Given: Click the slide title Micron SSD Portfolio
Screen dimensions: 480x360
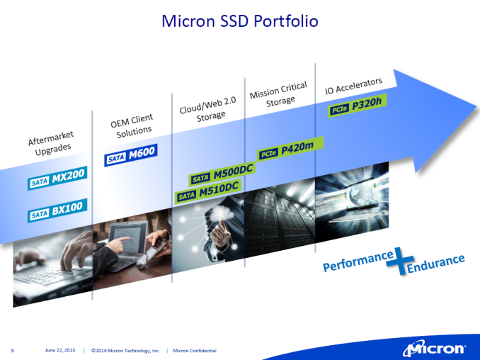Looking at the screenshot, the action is tap(240, 21).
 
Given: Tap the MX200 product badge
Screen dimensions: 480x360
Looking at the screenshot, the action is tap(57, 178).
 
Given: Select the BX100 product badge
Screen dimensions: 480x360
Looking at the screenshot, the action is tap(57, 210).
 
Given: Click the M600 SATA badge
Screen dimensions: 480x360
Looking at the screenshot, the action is tap(131, 155).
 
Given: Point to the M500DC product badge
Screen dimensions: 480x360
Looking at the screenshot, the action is tap(222, 174).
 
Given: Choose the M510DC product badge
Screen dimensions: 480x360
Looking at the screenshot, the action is tap(208, 191).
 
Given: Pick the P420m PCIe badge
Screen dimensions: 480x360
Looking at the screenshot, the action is tap(290, 149).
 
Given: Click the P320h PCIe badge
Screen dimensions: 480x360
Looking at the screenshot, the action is tap(358, 106).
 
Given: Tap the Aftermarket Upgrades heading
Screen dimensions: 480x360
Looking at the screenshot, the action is tap(52, 143).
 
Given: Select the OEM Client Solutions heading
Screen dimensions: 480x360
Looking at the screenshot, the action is tap(132, 126).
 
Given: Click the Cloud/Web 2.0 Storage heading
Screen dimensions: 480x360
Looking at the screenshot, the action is tap(209, 109).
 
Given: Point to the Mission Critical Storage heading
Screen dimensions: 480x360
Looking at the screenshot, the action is tap(279, 94).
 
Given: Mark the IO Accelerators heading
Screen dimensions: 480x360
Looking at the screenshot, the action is tap(353, 86).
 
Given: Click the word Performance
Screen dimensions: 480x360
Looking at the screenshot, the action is tap(358, 261).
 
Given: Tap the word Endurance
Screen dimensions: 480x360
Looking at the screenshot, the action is tap(435, 264).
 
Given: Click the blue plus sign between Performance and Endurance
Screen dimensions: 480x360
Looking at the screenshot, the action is tap(400, 261).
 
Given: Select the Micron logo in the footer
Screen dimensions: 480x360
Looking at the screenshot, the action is tap(434, 349).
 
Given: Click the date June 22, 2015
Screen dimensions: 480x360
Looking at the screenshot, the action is tap(60, 350).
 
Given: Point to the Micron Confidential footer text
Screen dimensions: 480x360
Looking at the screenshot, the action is tap(195, 351).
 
